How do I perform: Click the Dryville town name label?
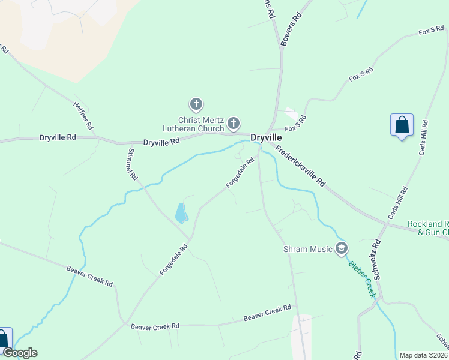pos(267,137)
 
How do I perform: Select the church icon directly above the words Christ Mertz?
pos(196,105)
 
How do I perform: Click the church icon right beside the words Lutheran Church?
pos(233,124)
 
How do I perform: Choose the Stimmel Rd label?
pos(132,165)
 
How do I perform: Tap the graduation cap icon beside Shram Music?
pos(342,248)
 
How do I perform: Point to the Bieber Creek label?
pos(362,278)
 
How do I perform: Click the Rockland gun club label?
pos(428,228)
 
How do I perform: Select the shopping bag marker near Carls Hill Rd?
pos(402,125)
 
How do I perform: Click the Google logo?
pos(19,353)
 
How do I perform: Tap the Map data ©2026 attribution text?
pos(423,355)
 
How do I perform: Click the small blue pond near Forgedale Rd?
pos(181,212)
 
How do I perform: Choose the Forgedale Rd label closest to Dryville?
pos(241,173)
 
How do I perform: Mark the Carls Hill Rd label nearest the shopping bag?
pos(423,142)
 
